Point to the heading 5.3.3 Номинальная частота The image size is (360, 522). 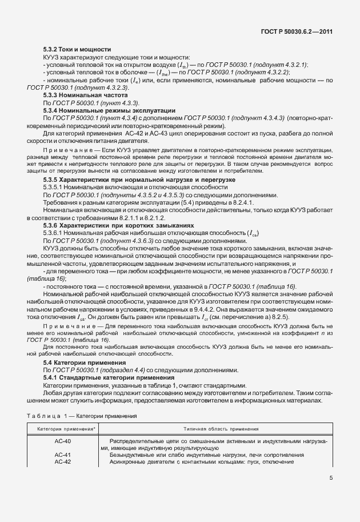[83, 94]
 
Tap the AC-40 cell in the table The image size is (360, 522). [63, 442]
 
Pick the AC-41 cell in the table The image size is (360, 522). [63, 455]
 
